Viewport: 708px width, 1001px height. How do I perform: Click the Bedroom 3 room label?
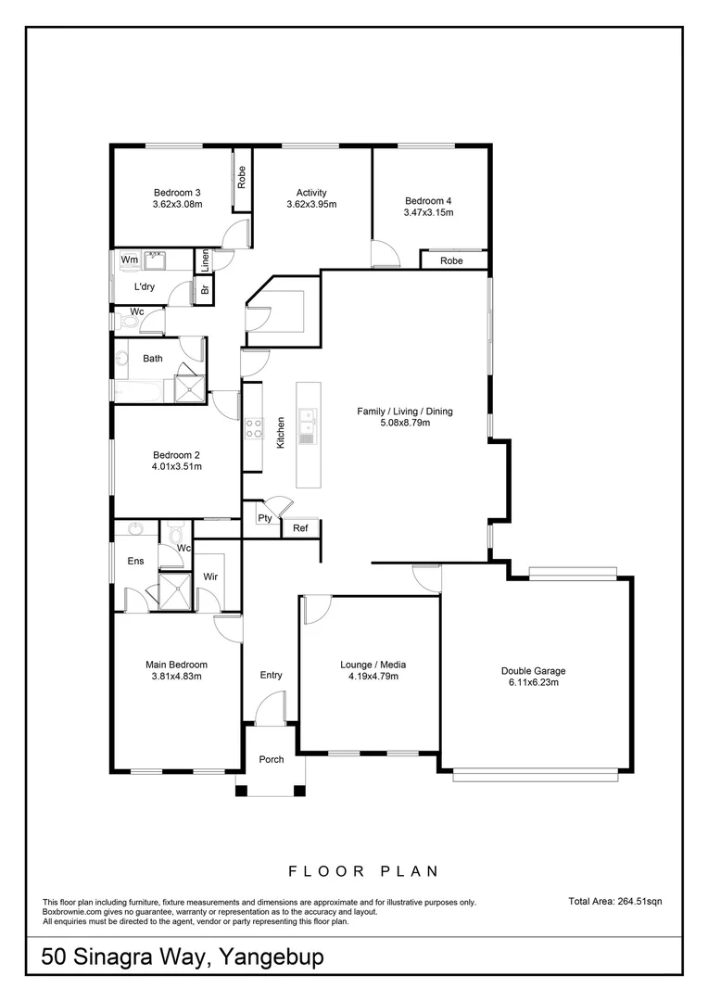[177, 192]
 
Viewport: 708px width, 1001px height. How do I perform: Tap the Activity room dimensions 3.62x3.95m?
[310, 205]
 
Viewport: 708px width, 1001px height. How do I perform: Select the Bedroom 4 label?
[428, 200]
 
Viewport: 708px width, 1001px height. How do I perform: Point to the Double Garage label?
[533, 670]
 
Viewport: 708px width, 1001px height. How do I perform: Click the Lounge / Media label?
[373, 665]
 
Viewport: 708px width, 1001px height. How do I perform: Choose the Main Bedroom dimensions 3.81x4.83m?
[176, 677]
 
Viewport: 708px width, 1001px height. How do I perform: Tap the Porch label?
[272, 759]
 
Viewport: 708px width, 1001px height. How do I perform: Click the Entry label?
[271, 675]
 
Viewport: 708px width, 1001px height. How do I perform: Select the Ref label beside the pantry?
[300, 528]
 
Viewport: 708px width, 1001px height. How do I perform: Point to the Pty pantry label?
[264, 518]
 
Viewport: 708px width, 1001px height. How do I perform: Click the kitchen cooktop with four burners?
[253, 428]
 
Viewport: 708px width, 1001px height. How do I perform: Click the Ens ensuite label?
[135, 560]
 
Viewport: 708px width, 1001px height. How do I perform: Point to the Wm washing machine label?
[130, 260]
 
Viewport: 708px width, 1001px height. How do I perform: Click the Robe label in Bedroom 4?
[451, 261]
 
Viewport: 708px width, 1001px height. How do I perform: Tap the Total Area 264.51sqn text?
[614, 900]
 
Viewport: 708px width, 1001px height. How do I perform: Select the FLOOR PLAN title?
[362, 871]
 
